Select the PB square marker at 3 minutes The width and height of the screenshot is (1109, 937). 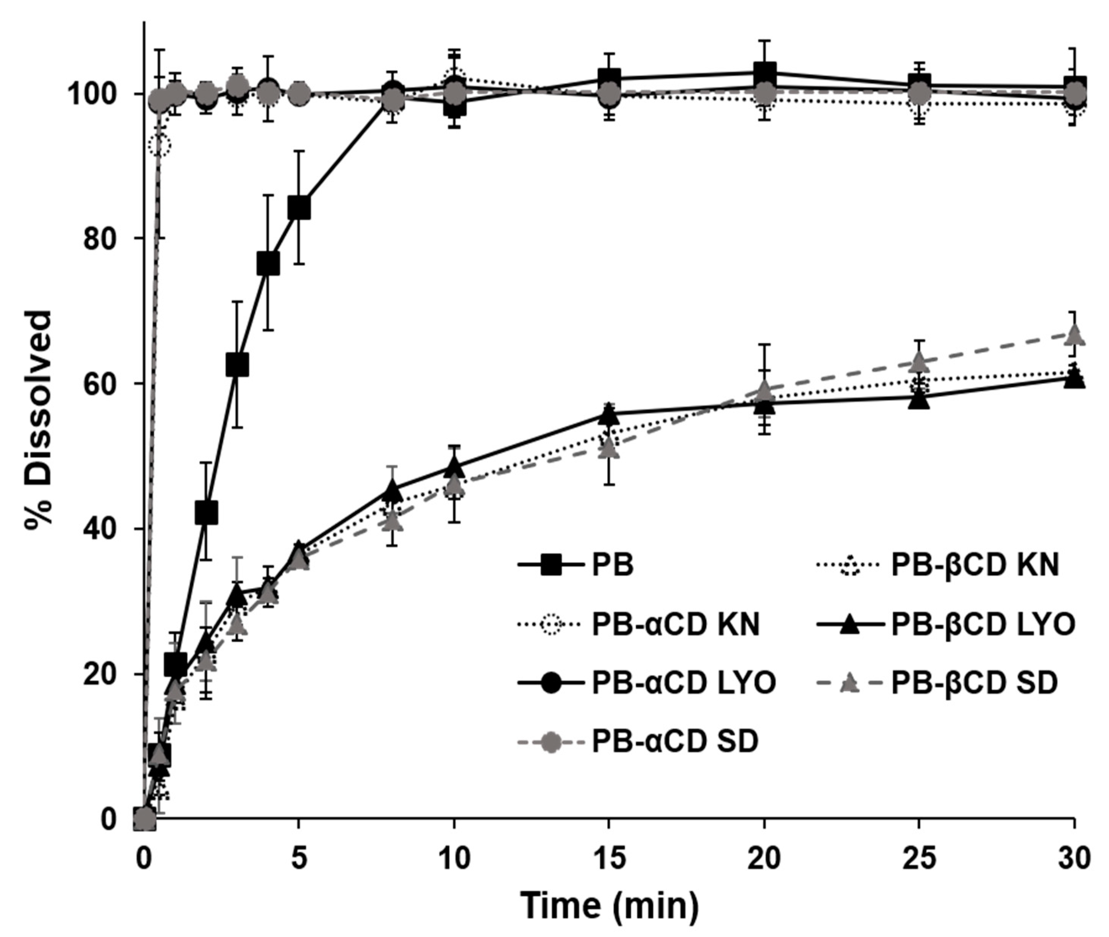(x=237, y=365)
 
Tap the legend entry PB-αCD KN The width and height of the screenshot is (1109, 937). (x=675, y=625)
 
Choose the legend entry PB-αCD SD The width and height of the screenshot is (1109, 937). (x=675, y=741)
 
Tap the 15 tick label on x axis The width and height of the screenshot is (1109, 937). (x=609, y=859)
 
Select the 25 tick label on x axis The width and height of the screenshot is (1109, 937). (x=919, y=859)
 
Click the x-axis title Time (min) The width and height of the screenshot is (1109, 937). (x=609, y=906)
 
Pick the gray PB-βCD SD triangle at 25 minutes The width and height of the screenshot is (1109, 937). (x=919, y=362)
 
